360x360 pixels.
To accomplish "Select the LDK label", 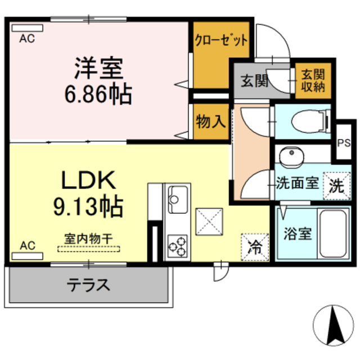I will [x=88, y=181].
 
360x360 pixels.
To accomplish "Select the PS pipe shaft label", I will [x=343, y=142].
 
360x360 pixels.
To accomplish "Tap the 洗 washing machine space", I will [x=336, y=185].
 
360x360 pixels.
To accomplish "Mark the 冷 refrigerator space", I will [x=255, y=246].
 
